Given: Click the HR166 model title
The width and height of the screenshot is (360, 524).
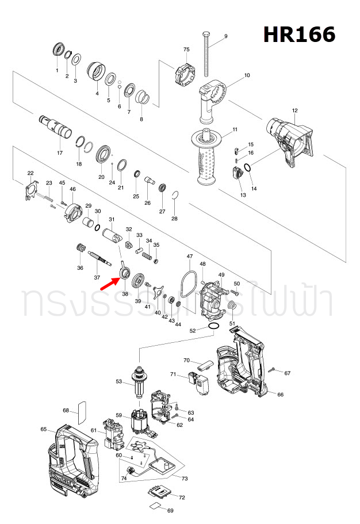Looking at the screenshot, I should (x=299, y=35).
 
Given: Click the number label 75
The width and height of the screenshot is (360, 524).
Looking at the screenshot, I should (x=186, y=50).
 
